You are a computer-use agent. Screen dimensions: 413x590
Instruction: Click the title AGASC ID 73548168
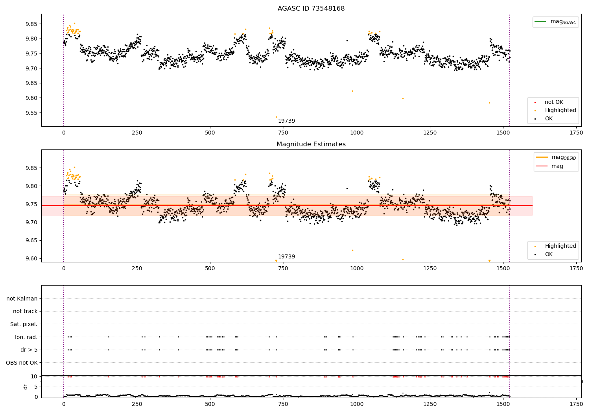(x=311, y=9)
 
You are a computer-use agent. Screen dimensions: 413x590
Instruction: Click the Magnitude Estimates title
(x=311, y=144)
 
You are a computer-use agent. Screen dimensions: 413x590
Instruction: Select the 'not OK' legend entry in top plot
(x=554, y=102)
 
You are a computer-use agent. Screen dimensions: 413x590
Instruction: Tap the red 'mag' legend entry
(x=557, y=166)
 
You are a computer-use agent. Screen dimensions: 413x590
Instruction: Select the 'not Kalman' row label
(x=22, y=299)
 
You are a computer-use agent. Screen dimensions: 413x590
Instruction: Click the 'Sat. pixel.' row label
(x=24, y=324)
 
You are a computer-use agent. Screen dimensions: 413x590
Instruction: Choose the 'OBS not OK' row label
(x=22, y=363)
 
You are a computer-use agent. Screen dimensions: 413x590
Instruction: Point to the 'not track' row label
(x=25, y=311)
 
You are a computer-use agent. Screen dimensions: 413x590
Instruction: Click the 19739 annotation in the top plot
(x=286, y=121)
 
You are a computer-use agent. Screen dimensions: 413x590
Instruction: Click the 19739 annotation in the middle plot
(x=286, y=257)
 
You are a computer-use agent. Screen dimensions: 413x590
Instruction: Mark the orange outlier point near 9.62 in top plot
(x=352, y=91)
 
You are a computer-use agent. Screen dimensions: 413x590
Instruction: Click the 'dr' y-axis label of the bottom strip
(x=26, y=387)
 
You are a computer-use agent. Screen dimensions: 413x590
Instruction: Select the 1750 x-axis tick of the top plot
(x=576, y=133)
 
